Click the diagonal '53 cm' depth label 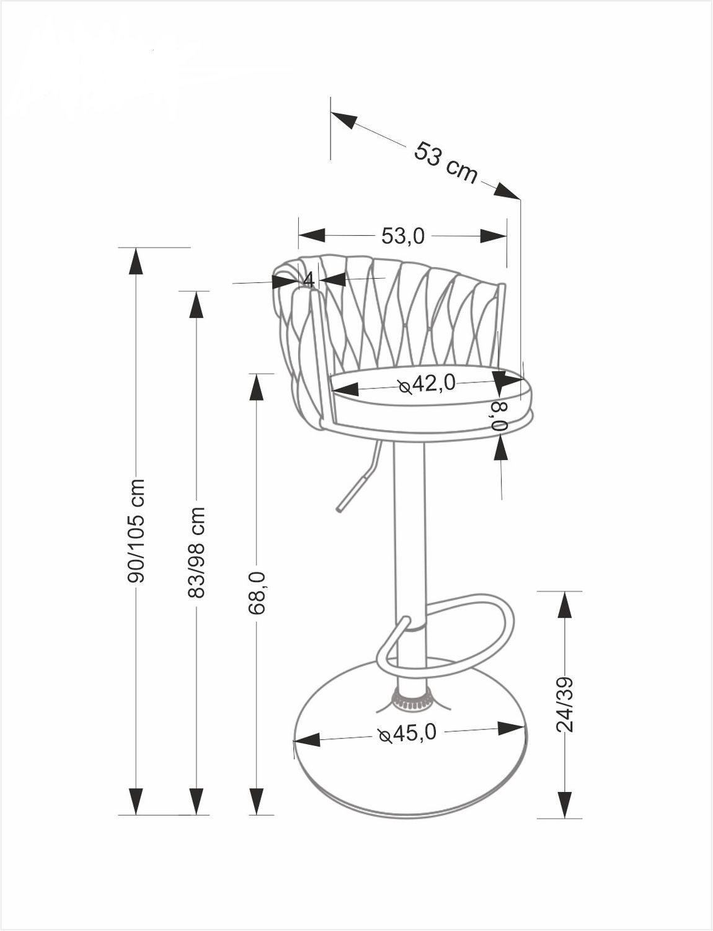point(446,163)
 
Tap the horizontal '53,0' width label point(403,236)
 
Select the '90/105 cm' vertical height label point(136,531)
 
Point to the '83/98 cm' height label point(197,552)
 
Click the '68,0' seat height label point(257,593)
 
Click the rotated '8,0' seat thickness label point(500,416)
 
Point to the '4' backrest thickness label point(309,280)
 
